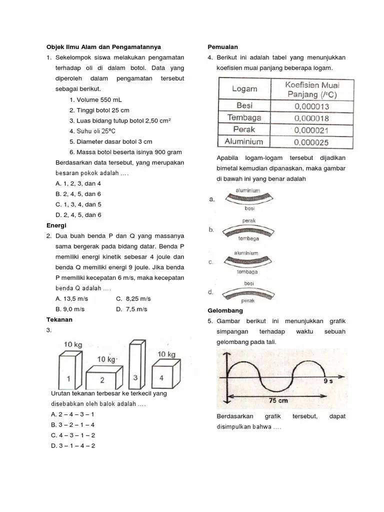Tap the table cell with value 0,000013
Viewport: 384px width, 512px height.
click(x=311, y=106)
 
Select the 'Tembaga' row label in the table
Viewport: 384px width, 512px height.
click(x=244, y=117)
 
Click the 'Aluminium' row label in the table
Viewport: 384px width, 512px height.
click(x=244, y=141)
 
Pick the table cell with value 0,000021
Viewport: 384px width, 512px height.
click(x=311, y=130)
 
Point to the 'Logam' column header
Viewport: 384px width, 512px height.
click(x=244, y=89)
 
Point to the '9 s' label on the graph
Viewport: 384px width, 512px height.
click(x=329, y=381)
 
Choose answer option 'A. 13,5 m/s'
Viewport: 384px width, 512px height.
click(x=72, y=298)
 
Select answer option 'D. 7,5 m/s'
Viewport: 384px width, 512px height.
click(x=131, y=309)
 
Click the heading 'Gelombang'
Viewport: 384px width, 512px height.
click(x=225, y=310)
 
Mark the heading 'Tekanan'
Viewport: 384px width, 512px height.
click(x=59, y=319)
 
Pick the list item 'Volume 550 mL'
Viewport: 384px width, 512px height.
click(x=94, y=99)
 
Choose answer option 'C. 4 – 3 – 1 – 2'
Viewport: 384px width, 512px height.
click(x=73, y=435)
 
